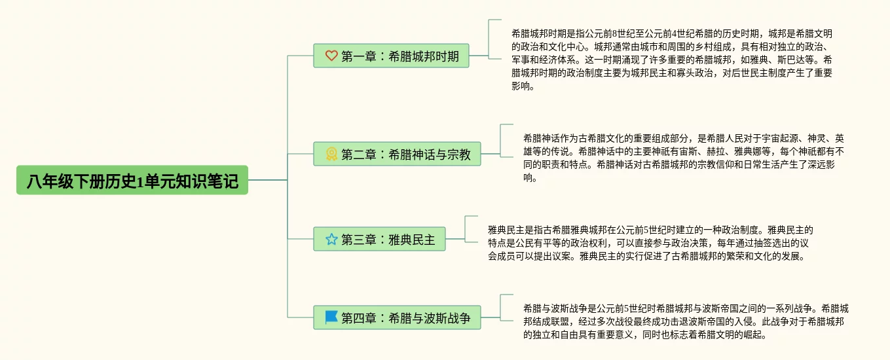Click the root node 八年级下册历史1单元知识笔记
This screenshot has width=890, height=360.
(132, 180)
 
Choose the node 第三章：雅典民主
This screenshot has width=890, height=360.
(379, 240)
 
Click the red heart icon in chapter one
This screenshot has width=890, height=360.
(331, 56)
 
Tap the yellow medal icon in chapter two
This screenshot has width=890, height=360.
(331, 154)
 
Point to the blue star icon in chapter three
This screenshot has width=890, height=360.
(331, 240)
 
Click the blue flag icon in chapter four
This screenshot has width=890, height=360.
(331, 318)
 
